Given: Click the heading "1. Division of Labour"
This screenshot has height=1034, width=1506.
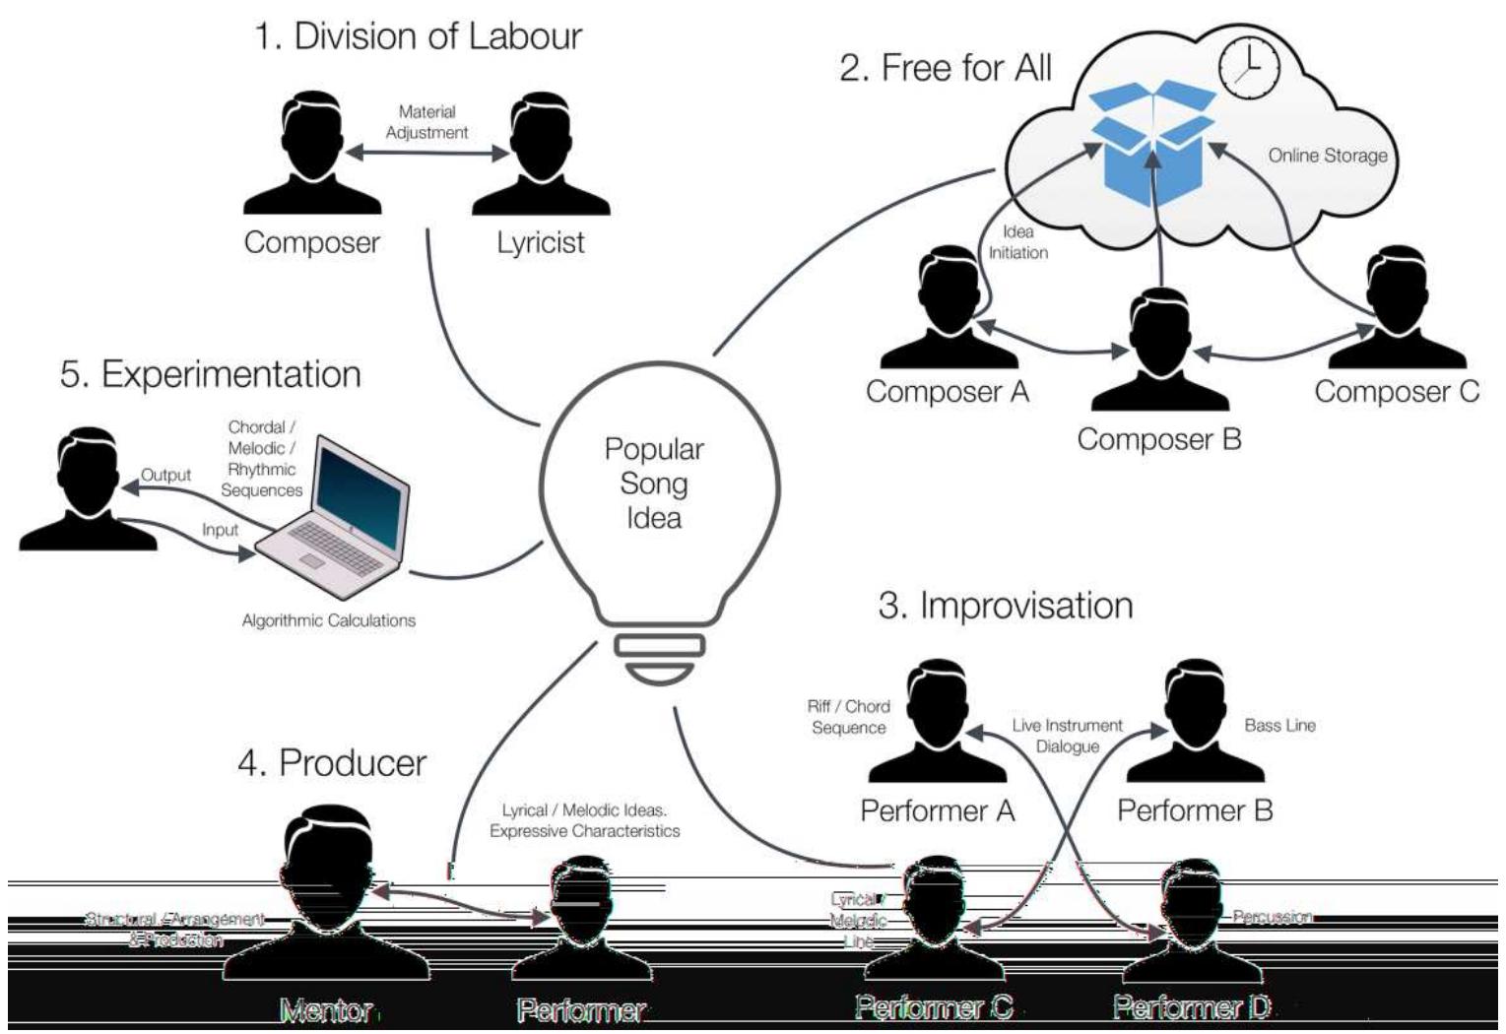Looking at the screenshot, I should [x=418, y=36].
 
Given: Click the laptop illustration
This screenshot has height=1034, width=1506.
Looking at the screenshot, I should [x=335, y=517].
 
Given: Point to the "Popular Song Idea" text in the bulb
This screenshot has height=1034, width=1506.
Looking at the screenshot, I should [x=654, y=484].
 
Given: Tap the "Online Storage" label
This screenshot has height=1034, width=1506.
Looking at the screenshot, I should [x=1327, y=156].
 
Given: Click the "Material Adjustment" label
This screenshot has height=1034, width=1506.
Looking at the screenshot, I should [x=426, y=122].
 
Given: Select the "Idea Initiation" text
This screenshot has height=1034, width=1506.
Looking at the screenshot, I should [x=1017, y=242].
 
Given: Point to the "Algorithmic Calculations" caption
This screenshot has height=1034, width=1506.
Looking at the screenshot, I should [x=329, y=620].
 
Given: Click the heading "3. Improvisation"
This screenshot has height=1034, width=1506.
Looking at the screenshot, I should [x=1005, y=606].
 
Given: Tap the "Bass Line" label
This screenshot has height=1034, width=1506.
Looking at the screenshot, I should [x=1279, y=726].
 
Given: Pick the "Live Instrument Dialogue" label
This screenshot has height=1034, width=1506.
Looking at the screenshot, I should [x=1067, y=736].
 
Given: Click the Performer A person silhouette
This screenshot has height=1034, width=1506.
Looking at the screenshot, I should [x=937, y=722].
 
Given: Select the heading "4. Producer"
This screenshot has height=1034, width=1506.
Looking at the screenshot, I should [x=332, y=763].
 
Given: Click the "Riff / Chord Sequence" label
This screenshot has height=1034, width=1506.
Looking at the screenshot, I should [x=848, y=717].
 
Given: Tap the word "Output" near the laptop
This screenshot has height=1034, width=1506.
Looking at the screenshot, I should [x=165, y=475].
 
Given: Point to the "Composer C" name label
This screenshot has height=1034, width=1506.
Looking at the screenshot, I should [x=1396, y=392].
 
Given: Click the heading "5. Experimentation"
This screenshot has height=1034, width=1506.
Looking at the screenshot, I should [x=211, y=374].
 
